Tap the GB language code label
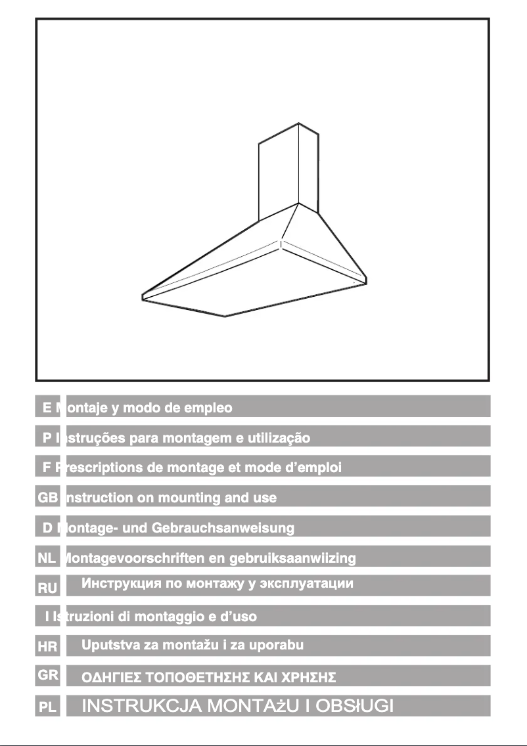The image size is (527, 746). (x=47, y=498)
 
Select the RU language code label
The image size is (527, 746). (x=47, y=588)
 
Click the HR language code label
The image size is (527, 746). (x=47, y=647)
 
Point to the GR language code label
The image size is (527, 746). (x=47, y=674)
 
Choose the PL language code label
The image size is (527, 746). (x=47, y=708)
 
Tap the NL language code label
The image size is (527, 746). (x=47, y=559)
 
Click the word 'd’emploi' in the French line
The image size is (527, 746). (x=311, y=468)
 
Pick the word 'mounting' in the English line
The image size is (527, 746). (x=188, y=498)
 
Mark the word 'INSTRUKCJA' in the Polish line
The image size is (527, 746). (x=141, y=707)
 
